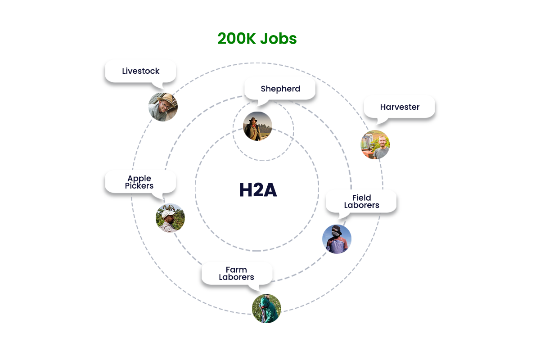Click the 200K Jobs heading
[257, 39]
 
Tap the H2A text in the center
[258, 190]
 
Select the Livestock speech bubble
[140, 72]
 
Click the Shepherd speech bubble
[280, 90]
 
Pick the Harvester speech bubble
[400, 108]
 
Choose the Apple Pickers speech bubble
[140, 183]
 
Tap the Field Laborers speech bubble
[361, 202]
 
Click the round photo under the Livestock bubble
[163, 107]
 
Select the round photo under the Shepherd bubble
[257, 126]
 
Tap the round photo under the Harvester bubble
[375, 145]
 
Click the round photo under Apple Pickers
[170, 218]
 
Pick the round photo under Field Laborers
[337, 239]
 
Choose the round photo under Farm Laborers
[266, 308]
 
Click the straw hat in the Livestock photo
[166, 99]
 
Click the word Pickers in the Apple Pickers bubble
[139, 186]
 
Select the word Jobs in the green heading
[279, 39]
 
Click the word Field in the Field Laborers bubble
[361, 198]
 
